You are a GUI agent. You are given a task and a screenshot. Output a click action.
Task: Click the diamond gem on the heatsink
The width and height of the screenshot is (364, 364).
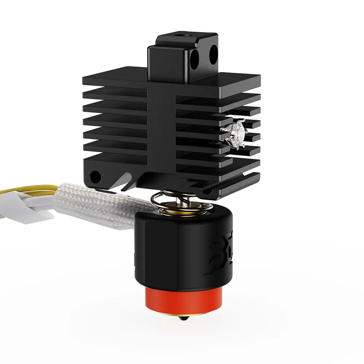tap(233, 132)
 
